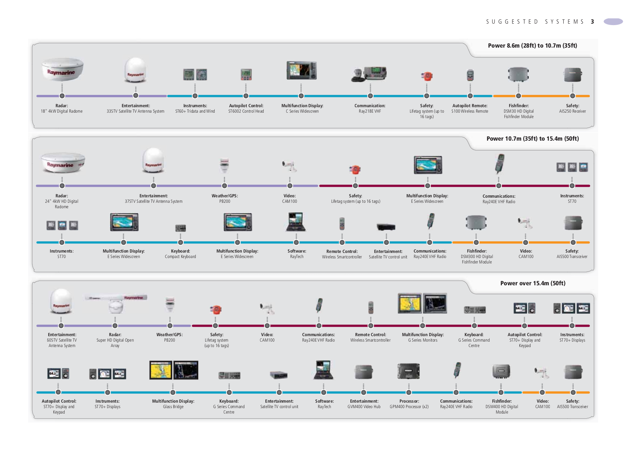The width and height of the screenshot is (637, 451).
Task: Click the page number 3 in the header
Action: (592, 22)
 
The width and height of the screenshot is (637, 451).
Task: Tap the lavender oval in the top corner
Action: (613, 22)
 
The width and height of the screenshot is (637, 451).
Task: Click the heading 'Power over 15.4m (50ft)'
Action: (533, 283)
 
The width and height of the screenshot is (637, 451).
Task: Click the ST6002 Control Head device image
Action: (246, 75)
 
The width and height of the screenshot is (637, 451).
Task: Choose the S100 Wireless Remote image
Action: (470, 75)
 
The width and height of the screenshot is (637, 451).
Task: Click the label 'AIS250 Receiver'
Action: (572, 111)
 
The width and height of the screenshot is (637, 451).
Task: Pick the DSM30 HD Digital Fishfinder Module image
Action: (518, 75)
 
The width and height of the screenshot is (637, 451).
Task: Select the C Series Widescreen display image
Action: (301, 70)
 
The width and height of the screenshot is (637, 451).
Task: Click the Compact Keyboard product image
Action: (180, 228)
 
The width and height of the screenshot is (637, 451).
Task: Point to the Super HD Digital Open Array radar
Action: (116, 303)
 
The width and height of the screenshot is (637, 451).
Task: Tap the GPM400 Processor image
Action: (409, 371)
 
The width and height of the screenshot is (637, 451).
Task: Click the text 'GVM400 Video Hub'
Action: (364, 407)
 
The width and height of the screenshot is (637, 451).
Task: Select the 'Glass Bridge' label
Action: (173, 407)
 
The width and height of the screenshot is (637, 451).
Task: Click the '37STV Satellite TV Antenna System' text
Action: (154, 201)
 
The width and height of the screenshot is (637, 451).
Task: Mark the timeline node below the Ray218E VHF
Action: (370, 96)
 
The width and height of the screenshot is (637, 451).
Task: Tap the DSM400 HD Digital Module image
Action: (501, 371)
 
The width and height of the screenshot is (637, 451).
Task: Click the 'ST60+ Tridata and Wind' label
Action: (195, 111)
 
